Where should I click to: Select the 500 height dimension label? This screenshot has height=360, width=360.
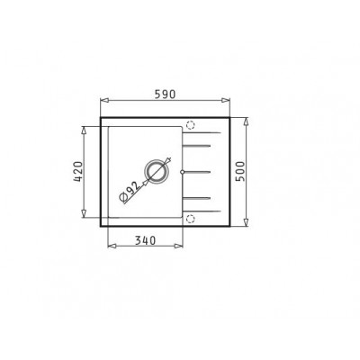pos(240,170)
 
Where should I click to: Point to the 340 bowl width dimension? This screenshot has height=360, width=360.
pos(143,240)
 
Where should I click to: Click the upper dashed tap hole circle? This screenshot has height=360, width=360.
pos(190,125)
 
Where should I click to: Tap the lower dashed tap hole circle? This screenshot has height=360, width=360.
pos(190,217)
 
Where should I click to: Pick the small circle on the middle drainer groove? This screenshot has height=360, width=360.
pos(183,170)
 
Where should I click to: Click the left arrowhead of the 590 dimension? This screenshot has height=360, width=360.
pos(102,102)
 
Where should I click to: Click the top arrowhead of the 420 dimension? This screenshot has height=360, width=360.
pos(85,127)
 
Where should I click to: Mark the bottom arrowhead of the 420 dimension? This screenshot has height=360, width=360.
pos(85,214)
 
